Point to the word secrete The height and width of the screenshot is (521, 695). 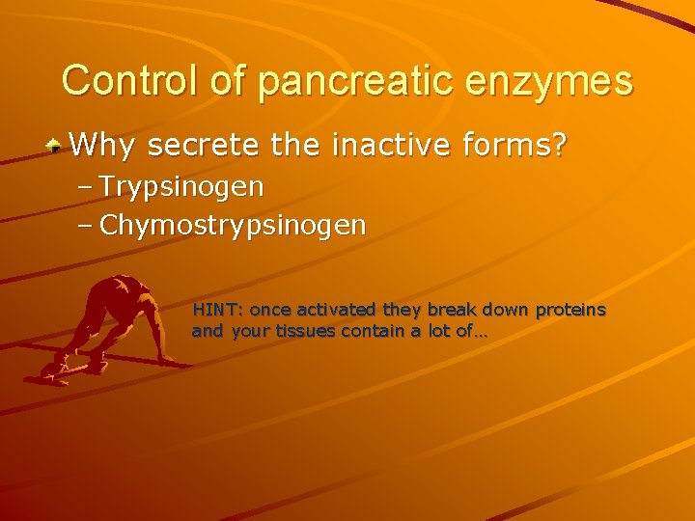pos(208,146)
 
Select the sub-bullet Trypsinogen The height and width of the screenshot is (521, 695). pos(181,184)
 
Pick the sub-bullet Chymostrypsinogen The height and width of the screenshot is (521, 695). pos(233,226)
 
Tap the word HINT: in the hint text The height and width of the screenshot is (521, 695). pos(218,310)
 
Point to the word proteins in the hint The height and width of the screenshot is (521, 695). pos(570,310)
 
